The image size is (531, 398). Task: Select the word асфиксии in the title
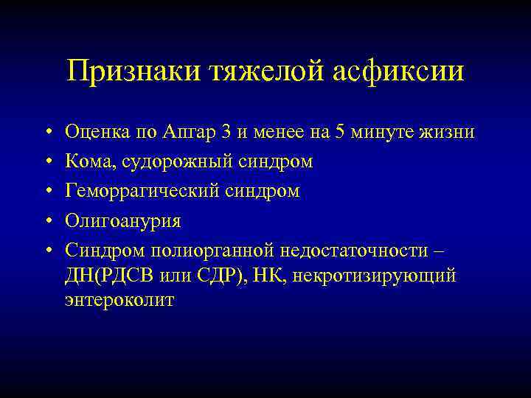[396, 72]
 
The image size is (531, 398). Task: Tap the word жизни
[449, 132]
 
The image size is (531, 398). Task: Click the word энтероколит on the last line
[119, 300]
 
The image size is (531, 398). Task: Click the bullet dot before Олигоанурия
[46, 221]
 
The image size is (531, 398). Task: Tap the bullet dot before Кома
[46, 161]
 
